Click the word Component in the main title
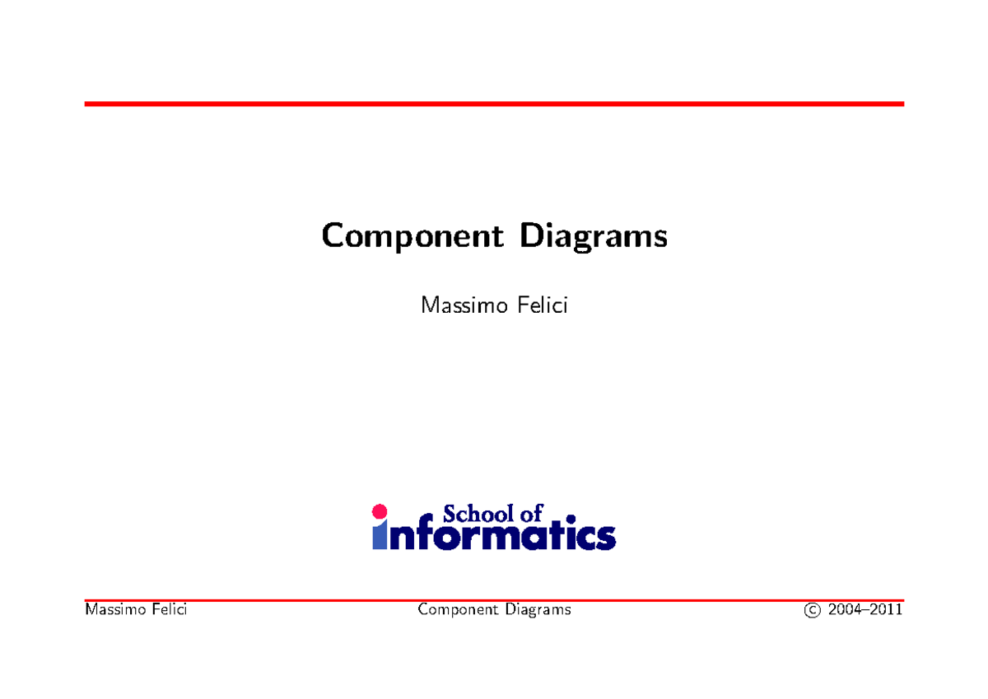pos(411,237)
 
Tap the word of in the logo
pos(532,515)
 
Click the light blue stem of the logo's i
pos(379,536)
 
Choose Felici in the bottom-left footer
pos(166,610)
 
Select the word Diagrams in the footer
pos(538,610)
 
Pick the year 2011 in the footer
pos(888,610)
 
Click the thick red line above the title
pos(494,104)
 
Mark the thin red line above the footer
pos(494,600)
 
